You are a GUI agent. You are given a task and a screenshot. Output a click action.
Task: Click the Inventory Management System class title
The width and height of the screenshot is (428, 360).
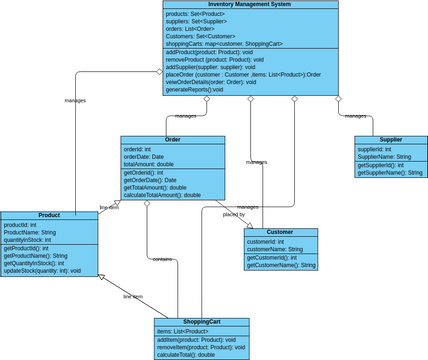pos(250,4)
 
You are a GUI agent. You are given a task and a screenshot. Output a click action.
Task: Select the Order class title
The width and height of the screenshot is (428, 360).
pos(172,140)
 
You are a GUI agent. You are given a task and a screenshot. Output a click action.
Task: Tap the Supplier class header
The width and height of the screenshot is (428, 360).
pos(391,140)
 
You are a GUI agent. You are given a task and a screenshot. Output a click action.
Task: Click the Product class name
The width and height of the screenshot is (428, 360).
pos(49,215)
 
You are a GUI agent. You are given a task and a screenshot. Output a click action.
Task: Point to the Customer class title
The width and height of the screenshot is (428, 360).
pos(281,232)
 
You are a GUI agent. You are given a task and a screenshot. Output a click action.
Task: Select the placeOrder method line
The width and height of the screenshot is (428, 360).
pos(243,74)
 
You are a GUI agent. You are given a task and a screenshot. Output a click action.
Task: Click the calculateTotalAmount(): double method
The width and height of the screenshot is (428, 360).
pos(162,195)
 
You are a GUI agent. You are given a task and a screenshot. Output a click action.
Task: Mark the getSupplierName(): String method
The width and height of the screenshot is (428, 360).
pos(390,173)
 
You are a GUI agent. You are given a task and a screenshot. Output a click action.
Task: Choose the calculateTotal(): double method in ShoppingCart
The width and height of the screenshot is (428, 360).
pos(187,355)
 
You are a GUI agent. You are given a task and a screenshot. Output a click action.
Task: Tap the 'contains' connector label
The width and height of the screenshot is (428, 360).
pos(161,259)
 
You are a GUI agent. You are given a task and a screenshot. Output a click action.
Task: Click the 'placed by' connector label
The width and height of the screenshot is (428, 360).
pos(234,215)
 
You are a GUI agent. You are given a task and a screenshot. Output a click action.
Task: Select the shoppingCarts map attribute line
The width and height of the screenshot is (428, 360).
pos(224,43)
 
